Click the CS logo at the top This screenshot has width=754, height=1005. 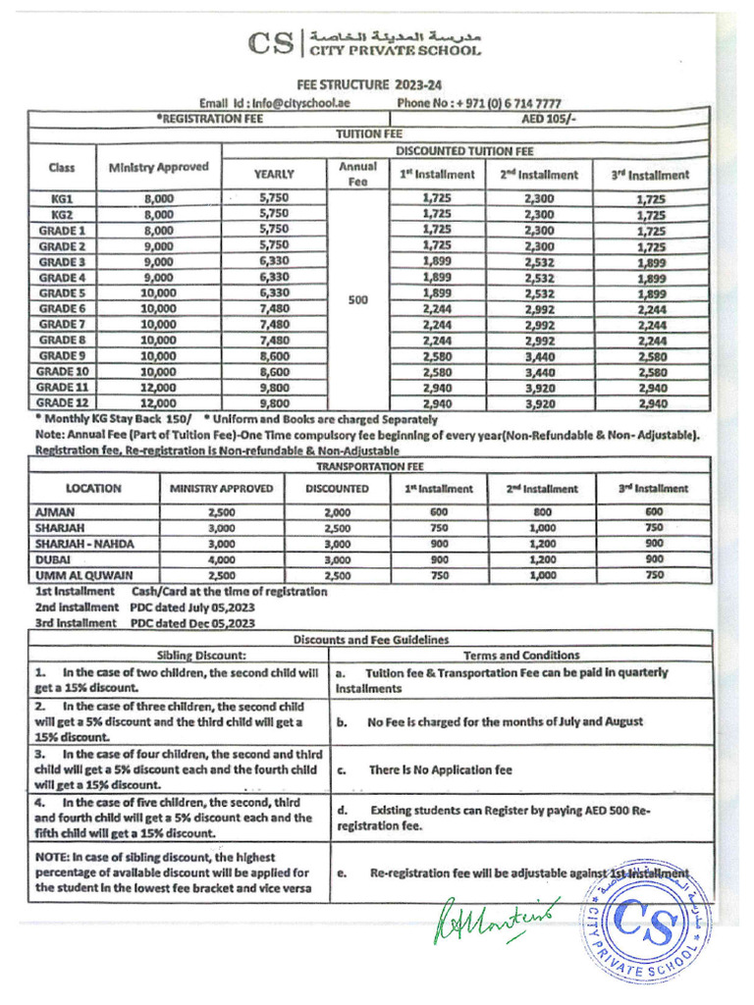[x=271, y=44]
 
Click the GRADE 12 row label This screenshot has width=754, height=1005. [x=63, y=402]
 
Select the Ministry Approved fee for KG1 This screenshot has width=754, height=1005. [x=158, y=198]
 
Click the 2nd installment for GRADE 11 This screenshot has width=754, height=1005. [x=539, y=388]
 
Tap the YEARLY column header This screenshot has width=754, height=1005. [x=274, y=174]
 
